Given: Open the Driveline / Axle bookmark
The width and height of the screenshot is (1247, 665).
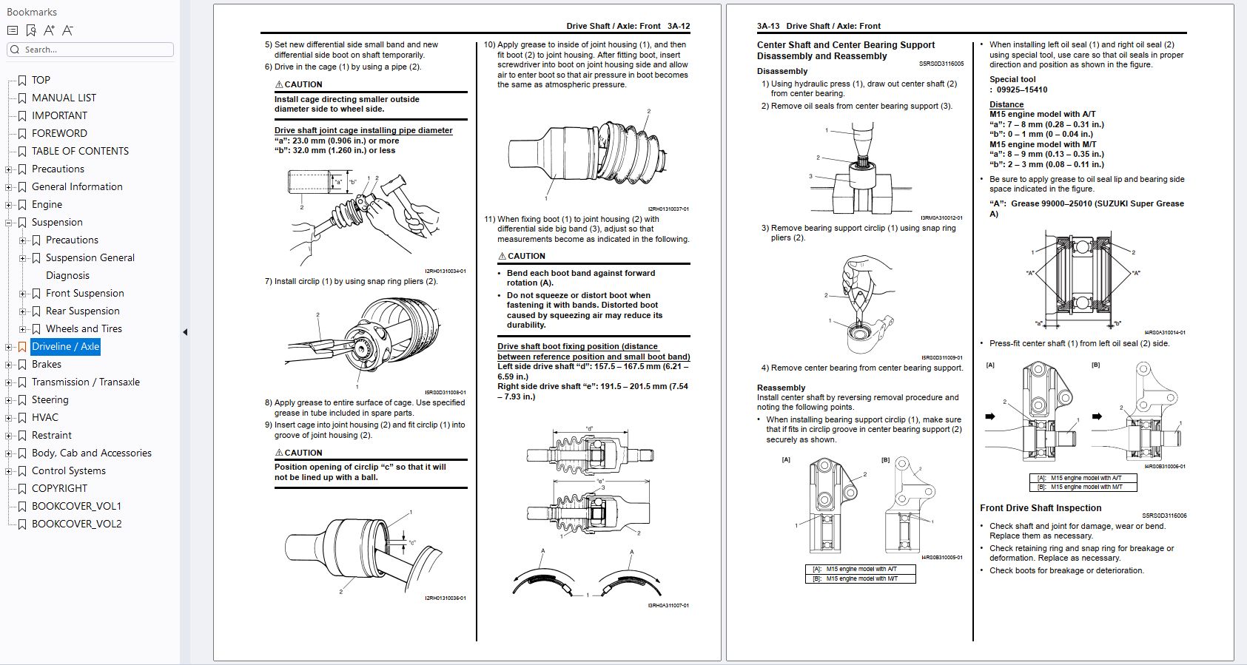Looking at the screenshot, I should pos(65,346).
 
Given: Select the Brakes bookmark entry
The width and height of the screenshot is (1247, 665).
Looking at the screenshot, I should pos(46,364).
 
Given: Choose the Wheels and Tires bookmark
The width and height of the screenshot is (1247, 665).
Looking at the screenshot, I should pos(84,328).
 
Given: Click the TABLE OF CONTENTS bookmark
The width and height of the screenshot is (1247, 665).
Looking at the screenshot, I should pos(80,151).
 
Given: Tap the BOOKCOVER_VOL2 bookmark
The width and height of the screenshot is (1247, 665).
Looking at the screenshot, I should pos(76,524).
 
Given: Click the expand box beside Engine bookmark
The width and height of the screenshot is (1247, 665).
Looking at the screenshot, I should pos(9,205).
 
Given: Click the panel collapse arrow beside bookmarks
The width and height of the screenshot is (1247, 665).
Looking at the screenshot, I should pos(185,332).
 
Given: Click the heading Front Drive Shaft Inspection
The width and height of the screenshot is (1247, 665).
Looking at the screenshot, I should pos(1041,508).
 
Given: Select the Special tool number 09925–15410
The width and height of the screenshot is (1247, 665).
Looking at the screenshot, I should pos(1022,90).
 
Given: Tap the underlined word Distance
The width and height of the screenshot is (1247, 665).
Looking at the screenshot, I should pos(1006,104).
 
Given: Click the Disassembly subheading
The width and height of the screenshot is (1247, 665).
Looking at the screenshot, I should pos(782,71).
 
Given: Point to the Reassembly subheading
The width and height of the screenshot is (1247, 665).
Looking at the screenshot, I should pos(781,388).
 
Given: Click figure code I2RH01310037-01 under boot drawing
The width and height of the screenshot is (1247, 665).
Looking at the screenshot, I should pos(668,209).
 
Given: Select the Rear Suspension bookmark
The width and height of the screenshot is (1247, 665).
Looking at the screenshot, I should pos(82,311).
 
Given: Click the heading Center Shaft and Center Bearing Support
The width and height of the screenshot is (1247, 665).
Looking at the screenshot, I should pos(845,45).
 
